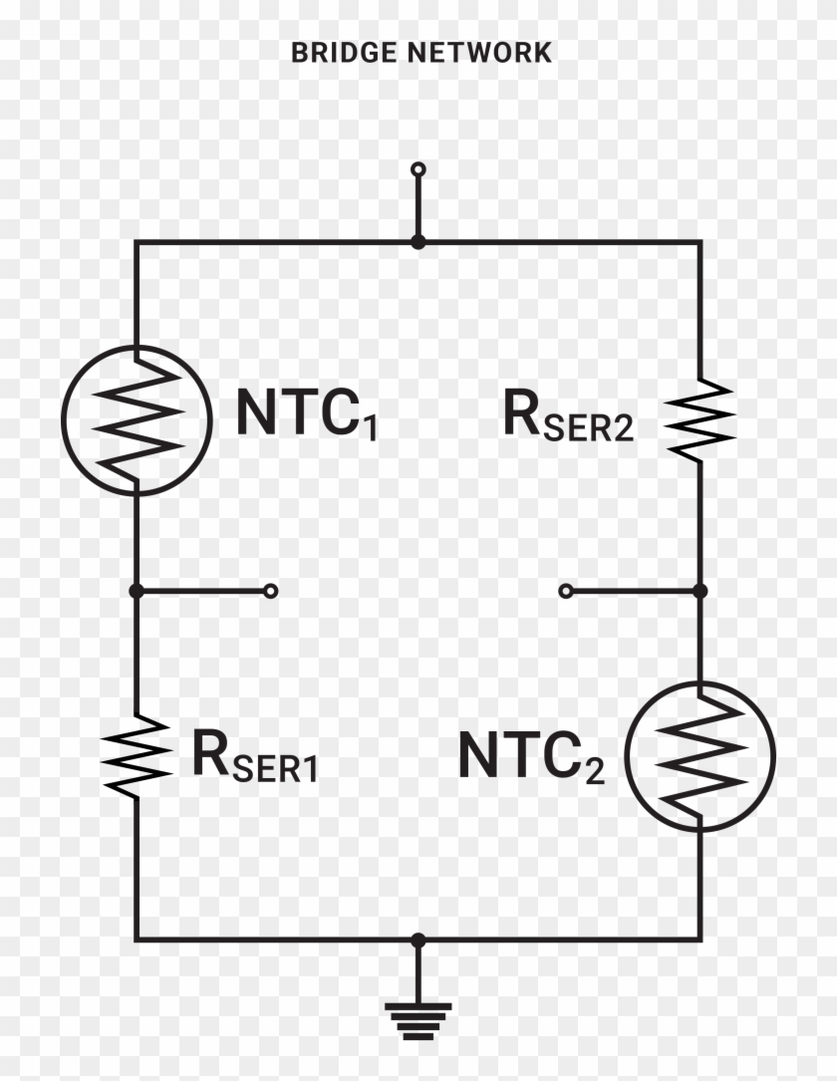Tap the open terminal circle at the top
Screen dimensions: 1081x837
(418, 169)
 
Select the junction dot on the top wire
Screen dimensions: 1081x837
(418, 242)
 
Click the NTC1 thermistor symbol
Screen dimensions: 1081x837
(137, 418)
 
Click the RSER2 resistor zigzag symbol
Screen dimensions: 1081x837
(700, 418)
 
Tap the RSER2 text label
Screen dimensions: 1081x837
(567, 418)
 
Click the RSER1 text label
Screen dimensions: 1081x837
(254, 756)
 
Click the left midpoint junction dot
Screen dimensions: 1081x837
(137, 591)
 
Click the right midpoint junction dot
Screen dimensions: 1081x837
(699, 591)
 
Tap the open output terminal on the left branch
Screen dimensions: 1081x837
(270, 591)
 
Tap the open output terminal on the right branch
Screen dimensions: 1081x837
(566, 591)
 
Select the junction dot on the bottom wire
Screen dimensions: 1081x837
(418, 940)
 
